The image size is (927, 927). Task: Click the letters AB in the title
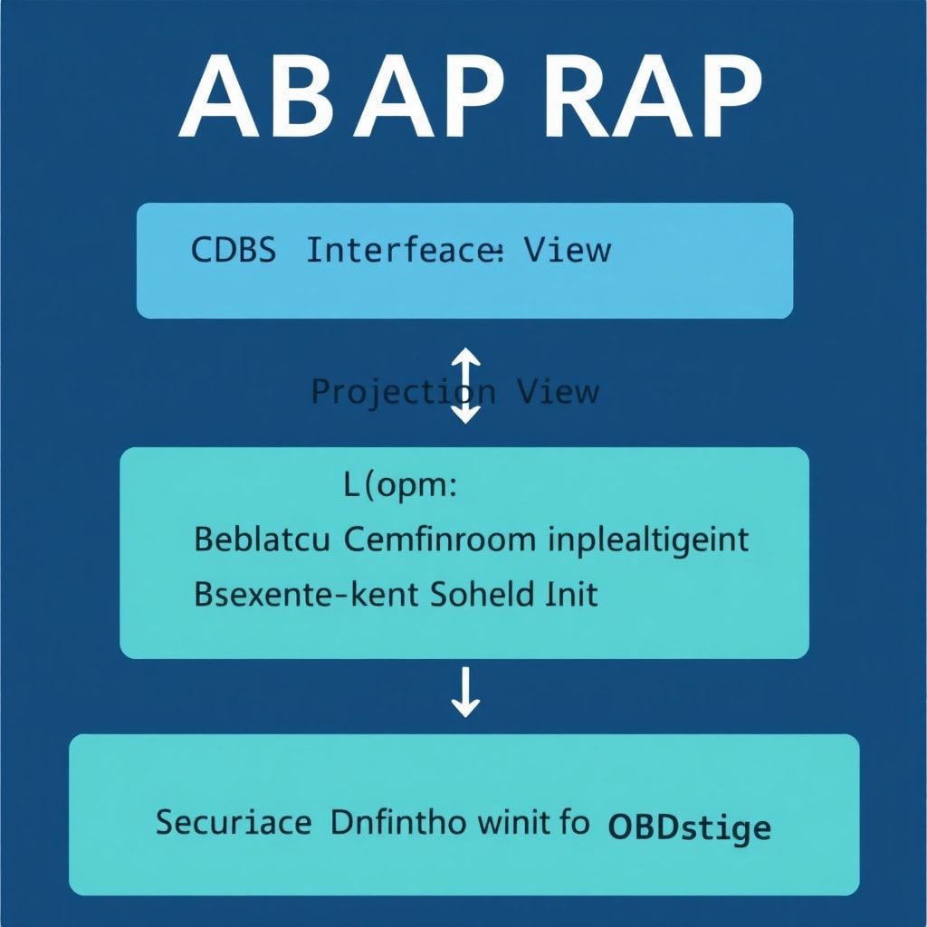tap(262, 94)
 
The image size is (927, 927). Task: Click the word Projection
tap(403, 392)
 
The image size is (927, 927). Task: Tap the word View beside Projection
tap(558, 392)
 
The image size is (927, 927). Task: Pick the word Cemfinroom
tap(440, 540)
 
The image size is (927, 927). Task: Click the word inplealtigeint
tap(649, 541)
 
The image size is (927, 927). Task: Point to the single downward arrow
tap(465, 693)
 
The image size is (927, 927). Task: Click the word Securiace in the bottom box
tap(234, 823)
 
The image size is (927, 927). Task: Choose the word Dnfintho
tap(398, 823)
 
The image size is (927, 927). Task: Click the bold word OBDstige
tap(690, 826)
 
